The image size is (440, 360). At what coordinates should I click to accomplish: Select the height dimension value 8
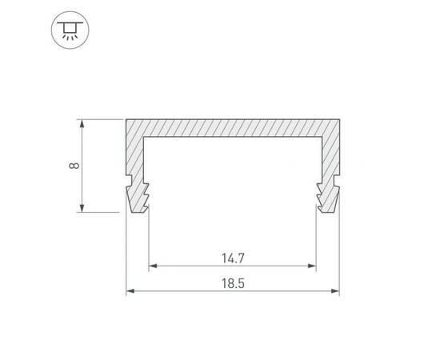73,166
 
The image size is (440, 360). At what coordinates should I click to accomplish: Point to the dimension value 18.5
232,282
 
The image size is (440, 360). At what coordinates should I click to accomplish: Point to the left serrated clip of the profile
138,195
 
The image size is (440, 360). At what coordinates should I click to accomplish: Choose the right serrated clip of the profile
326,195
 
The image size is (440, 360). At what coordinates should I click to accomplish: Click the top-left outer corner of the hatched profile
126,119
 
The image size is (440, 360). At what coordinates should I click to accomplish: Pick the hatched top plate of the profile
232,128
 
